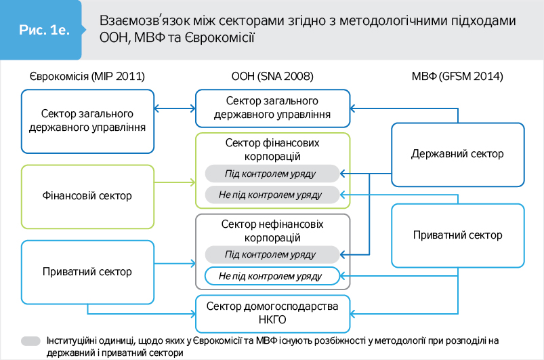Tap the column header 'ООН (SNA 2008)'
272,77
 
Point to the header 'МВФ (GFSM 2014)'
457,77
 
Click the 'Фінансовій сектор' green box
86,196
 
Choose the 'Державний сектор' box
457,154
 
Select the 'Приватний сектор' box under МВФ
457,235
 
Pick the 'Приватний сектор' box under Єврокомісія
86,272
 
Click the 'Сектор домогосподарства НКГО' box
272,313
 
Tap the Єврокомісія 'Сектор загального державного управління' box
86,121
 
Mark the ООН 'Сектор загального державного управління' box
272,109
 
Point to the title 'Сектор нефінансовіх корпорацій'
272,231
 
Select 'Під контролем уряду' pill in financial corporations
272,174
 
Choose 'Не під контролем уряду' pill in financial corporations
272,195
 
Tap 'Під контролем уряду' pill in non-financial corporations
272,255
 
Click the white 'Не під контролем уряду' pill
272,277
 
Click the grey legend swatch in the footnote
31,341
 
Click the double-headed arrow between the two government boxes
174,109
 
